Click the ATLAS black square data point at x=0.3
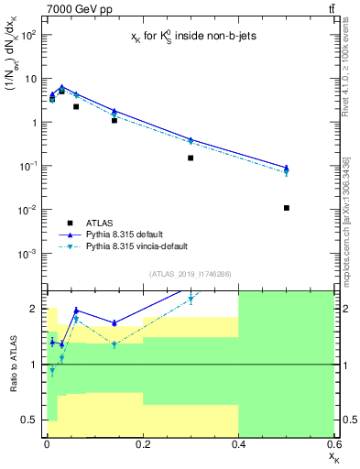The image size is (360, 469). pos(191,158)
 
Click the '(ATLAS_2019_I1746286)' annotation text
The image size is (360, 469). pos(191,274)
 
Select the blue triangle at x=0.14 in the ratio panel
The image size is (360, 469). pos(114,322)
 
